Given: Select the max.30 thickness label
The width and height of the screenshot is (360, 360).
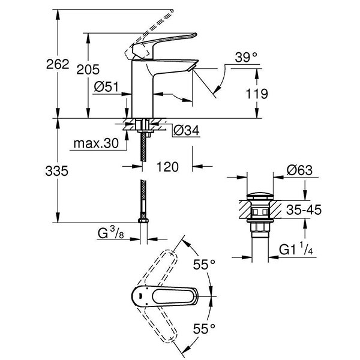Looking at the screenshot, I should (x=96, y=145).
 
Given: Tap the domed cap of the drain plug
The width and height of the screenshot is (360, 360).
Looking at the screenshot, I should (x=260, y=196).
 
